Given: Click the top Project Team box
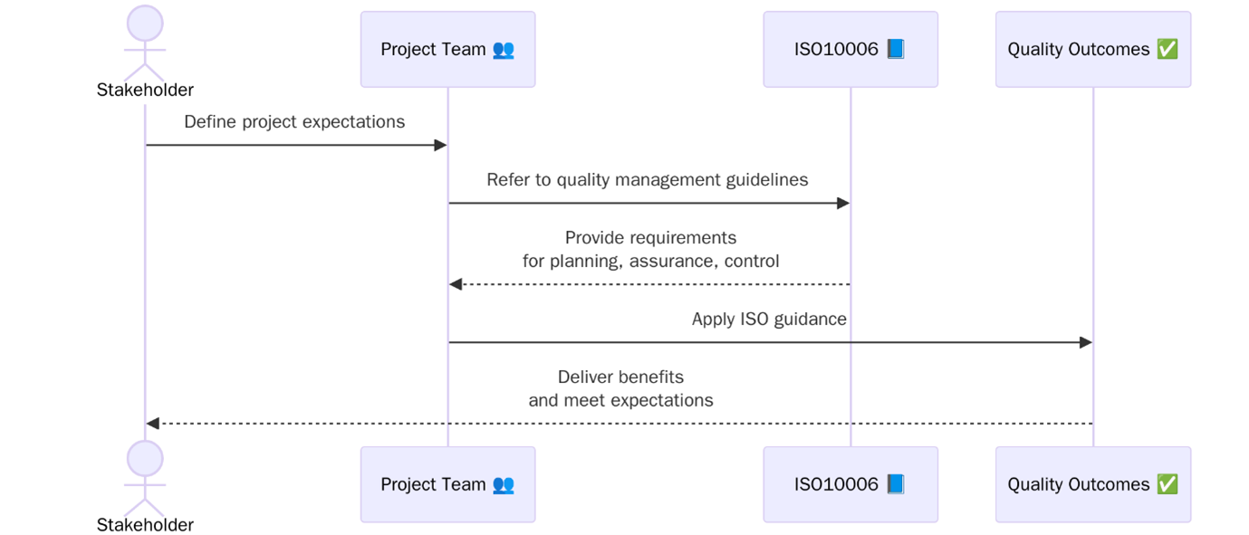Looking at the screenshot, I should point(447,49).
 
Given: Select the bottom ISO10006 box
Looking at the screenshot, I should point(850,484).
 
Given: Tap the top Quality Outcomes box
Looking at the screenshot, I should point(1092,49).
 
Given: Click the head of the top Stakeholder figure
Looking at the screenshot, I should point(145,24).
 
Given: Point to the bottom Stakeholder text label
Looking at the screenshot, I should point(145,525).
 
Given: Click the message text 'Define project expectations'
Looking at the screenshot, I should point(294,121).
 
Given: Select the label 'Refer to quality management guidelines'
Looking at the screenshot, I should point(647,179).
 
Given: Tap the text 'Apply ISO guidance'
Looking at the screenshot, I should point(769,319).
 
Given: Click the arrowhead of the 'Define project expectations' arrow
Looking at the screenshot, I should point(441,145).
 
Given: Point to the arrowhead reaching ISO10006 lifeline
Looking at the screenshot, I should point(843,203).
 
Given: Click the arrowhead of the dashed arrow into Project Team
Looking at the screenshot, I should point(456,284).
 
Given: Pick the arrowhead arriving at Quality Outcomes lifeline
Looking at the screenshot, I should point(1086,342).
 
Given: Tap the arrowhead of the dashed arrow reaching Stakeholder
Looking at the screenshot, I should point(153,424).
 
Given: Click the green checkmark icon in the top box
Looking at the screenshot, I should point(1167,49).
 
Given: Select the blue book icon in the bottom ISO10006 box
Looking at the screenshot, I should point(895,484).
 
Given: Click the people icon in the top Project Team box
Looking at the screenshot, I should point(504,49).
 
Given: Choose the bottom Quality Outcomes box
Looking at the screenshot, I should point(1092,484).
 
